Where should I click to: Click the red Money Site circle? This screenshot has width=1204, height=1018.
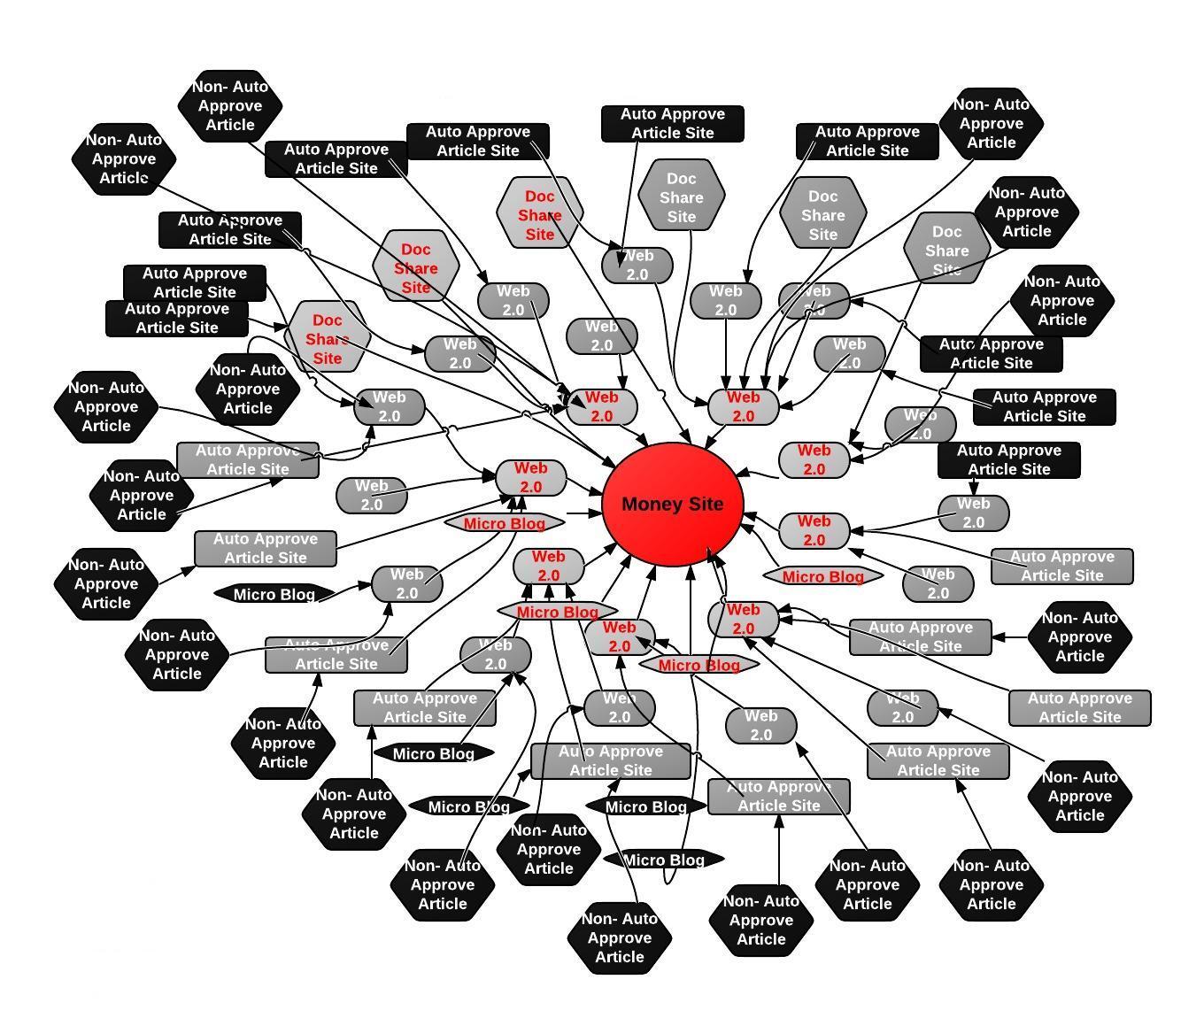point(673,505)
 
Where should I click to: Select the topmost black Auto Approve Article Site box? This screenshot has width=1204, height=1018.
point(673,123)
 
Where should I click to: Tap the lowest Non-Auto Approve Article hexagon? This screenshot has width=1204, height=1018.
point(620,937)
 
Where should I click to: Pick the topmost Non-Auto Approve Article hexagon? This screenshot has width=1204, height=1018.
point(230,106)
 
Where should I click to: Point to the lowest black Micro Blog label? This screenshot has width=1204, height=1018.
point(664,860)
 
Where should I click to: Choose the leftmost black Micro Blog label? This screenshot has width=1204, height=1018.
point(274,594)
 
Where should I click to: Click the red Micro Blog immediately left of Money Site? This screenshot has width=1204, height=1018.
point(505,523)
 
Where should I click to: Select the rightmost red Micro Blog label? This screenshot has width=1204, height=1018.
point(823,576)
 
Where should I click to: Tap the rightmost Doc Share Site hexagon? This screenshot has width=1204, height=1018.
point(946,249)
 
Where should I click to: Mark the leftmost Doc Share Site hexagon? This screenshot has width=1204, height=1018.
point(328,337)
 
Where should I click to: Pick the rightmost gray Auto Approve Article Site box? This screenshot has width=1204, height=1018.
point(1080,707)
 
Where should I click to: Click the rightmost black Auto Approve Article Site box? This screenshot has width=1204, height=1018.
point(1045,406)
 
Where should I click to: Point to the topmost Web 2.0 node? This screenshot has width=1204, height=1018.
point(637,265)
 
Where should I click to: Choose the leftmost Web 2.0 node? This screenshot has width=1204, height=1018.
point(372,495)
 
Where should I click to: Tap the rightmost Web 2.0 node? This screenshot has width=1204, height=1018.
point(974,513)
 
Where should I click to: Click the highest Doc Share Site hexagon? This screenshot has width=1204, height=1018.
point(682,197)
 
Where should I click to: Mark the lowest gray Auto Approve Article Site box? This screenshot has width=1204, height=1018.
point(779,796)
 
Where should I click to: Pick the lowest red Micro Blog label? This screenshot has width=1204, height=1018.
point(699,665)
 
